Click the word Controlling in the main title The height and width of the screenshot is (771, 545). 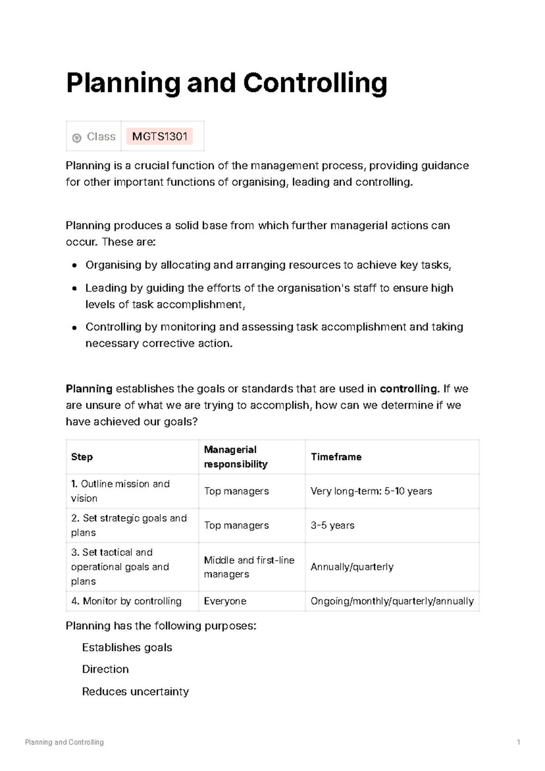click(315, 83)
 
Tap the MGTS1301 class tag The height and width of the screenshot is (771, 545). click(159, 136)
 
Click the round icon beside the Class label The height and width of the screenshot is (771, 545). click(77, 138)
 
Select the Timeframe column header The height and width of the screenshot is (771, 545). click(336, 457)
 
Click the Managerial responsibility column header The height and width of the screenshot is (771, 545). click(235, 457)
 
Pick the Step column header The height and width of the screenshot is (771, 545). click(82, 457)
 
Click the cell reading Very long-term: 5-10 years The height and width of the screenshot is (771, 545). click(371, 491)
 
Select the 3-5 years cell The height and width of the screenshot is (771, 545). click(332, 526)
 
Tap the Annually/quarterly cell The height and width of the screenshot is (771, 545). click(352, 567)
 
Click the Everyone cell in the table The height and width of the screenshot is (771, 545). click(225, 601)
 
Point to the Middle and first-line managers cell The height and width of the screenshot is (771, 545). click(249, 567)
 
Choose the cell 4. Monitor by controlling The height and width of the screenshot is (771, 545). click(126, 601)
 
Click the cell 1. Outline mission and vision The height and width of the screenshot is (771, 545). click(120, 491)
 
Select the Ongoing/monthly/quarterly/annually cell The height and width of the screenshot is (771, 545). click(392, 601)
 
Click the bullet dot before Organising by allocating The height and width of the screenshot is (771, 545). click(74, 266)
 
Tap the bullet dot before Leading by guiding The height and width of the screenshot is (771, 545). click(74, 289)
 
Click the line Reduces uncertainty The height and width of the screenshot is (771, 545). click(135, 691)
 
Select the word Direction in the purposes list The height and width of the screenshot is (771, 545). click(105, 669)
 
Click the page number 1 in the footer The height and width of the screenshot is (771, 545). click(518, 742)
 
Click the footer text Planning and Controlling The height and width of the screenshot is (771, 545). click(64, 742)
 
